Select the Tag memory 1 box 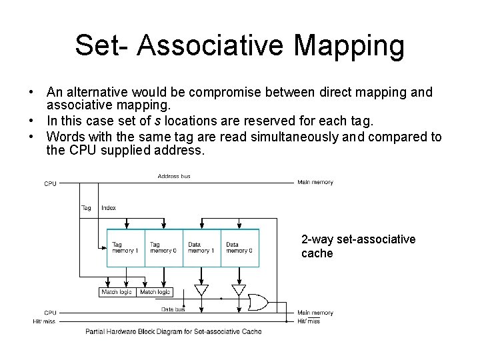coord(125,248)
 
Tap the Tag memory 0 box coord(163,248)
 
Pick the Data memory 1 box coord(201,248)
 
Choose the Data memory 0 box coord(239,248)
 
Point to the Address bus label coord(174,176)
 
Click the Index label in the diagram coord(109,208)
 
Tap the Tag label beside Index coord(86,208)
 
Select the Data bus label coord(173,309)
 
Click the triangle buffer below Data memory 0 coord(239,291)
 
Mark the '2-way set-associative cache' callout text coord(358,246)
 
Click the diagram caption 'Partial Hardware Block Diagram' coord(173,331)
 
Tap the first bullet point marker coord(32,92)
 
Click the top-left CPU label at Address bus coord(50,183)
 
